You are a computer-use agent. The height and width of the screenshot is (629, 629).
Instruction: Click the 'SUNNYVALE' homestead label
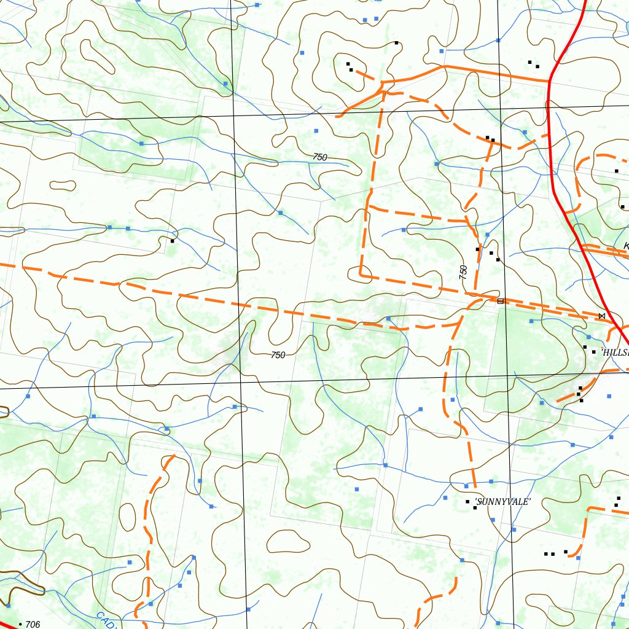[x=502, y=502]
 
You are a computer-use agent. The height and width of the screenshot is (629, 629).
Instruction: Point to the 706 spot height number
[x=33, y=625]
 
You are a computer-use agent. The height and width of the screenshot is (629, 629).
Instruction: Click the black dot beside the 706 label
[x=21, y=625]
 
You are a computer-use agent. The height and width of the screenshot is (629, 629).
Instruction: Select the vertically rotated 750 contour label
[x=463, y=272]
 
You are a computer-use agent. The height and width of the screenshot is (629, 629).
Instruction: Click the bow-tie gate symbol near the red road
[x=601, y=316]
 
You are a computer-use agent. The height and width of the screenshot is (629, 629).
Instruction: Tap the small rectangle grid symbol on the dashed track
[x=500, y=301]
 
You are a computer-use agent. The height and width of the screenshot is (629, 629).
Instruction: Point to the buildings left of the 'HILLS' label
[x=588, y=350]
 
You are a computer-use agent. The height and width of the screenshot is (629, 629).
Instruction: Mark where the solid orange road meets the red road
[x=549, y=80]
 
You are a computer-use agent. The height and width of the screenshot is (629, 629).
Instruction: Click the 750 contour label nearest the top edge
[x=319, y=157]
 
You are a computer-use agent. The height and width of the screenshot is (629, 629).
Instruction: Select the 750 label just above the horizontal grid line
[x=278, y=355]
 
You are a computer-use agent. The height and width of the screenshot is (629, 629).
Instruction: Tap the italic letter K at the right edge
[x=625, y=246]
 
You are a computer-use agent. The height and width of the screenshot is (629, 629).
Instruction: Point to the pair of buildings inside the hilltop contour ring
[x=349, y=66]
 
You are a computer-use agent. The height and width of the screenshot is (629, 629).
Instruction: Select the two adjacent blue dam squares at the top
[x=370, y=20]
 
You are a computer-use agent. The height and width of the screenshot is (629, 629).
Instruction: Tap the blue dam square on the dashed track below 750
[x=388, y=318]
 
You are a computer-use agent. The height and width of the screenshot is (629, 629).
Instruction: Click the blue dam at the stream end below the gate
[x=531, y=321]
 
